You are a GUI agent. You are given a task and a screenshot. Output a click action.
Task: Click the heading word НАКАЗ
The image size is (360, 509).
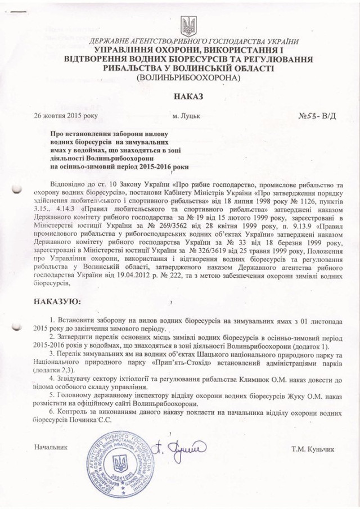coord(187,97)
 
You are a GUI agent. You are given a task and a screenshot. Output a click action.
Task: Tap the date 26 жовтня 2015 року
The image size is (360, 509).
coord(66,116)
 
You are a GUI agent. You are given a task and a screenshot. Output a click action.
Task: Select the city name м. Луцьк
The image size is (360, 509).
coord(187,117)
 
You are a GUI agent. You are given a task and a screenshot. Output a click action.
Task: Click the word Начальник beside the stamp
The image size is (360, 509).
coord(51,448)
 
